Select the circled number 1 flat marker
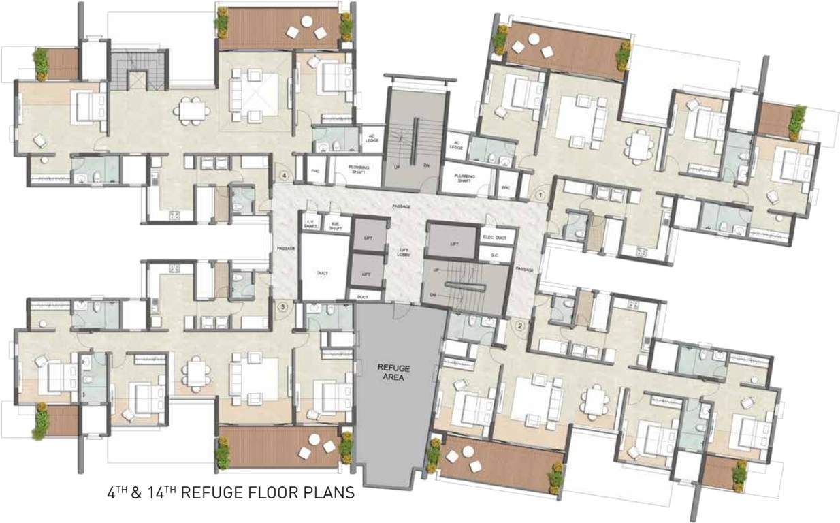point(540,195)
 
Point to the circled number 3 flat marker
point(283,307)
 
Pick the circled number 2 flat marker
point(521,325)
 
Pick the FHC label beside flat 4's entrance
point(314,171)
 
